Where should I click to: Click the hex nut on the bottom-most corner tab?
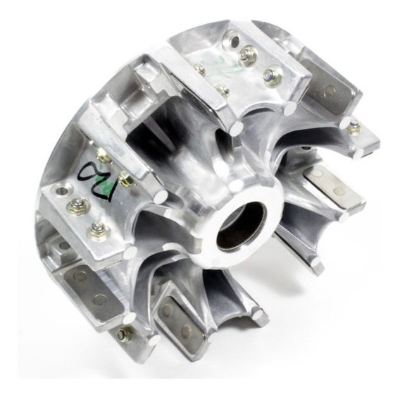click(125, 334)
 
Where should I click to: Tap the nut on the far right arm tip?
click(354, 127)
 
